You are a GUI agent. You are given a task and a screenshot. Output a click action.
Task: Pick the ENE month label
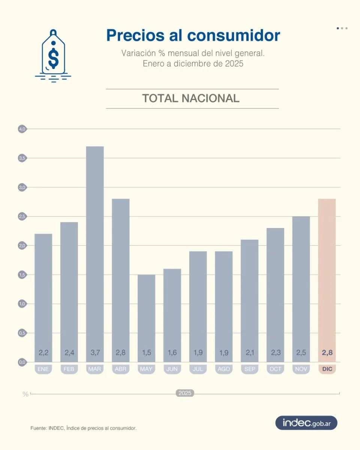coord(43,369)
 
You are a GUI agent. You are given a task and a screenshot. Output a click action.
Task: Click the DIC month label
coord(327,369)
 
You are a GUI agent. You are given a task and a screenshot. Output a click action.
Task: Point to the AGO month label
coord(224,369)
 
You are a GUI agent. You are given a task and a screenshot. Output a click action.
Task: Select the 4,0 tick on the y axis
coord(22,129)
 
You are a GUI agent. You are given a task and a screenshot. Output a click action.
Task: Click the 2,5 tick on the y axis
coord(22,216)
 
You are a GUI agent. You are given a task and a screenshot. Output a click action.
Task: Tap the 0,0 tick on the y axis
coord(22,362)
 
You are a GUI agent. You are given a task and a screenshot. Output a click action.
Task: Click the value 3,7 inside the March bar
coord(95,352)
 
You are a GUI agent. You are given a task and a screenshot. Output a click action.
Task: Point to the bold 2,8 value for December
coord(327,352)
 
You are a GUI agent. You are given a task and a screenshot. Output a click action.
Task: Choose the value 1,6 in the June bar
coord(172,352)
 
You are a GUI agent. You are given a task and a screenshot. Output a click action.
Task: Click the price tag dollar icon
coord(53,56)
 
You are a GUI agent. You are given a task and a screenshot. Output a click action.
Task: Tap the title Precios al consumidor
coord(193,35)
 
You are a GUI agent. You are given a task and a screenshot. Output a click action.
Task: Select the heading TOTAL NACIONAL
coord(190,98)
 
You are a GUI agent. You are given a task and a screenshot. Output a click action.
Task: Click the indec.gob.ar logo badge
coord(306,423)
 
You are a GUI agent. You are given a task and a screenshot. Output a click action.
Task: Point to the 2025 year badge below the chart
coord(185,393)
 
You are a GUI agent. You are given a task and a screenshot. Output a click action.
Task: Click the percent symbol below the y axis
coord(25,394)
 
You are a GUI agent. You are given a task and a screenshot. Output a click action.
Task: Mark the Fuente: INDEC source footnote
coord(83,428)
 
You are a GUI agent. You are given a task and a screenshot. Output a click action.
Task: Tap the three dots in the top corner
coord(342,28)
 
